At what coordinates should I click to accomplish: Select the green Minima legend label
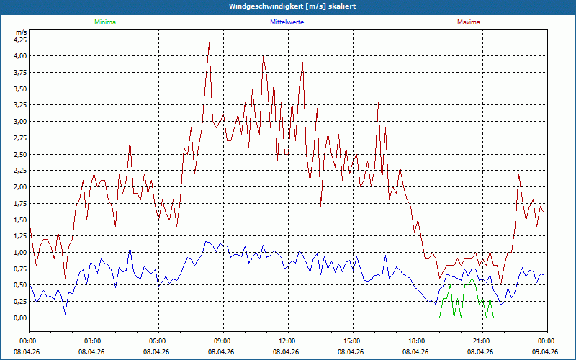point(104,22)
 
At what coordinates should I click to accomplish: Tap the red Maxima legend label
point(469,22)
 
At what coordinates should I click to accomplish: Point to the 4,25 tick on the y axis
point(20,40)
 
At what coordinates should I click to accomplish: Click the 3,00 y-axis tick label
point(20,122)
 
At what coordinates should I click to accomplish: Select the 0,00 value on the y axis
point(20,318)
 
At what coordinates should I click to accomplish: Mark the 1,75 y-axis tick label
point(20,204)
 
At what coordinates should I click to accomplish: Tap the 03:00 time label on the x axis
point(93,341)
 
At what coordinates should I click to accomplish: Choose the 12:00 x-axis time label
point(287,341)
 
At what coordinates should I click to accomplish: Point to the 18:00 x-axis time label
point(416,341)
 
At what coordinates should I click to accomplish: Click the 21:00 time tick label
point(481,341)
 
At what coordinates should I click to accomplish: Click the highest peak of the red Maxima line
point(209,42)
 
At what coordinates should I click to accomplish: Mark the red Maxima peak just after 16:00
point(379,102)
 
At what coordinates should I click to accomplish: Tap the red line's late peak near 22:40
point(518,174)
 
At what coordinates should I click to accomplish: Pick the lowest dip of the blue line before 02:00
point(65,314)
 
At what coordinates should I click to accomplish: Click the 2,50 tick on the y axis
point(20,154)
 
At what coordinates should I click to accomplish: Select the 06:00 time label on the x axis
point(158,341)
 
